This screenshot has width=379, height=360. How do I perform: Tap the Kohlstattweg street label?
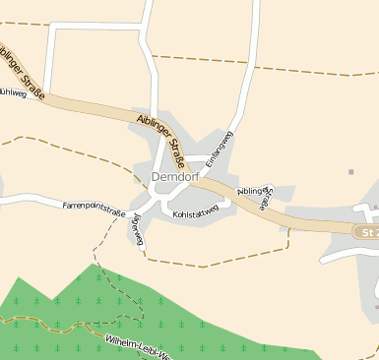coord(195,212)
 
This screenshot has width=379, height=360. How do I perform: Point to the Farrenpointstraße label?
coord(94,206)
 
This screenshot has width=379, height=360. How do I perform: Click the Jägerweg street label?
coord(139,229)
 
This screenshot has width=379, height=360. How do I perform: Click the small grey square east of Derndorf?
coord(350,172)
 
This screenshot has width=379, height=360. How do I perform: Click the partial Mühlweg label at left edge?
coord(12,93)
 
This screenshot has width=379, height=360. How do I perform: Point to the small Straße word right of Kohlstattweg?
coord(263,202)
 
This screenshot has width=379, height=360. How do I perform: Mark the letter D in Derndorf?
coord(157,177)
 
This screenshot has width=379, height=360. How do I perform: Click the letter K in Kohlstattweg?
coord(175,212)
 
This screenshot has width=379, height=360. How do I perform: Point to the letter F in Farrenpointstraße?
coord(65,206)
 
